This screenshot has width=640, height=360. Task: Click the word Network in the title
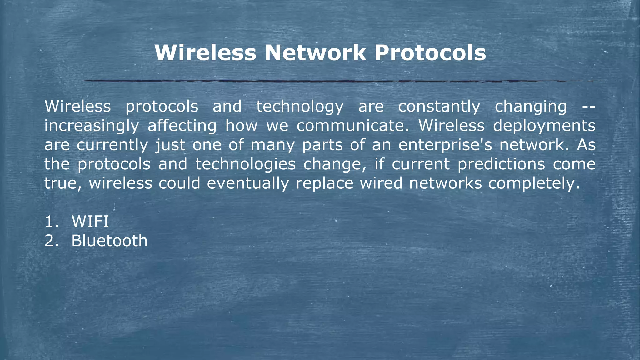tap(315, 52)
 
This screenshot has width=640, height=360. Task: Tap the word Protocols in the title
tap(430, 52)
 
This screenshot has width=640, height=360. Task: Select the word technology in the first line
tap(300, 107)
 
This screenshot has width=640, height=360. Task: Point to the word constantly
tap(439, 107)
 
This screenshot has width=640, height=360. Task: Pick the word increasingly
tap(92, 126)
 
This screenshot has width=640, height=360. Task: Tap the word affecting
tap(182, 126)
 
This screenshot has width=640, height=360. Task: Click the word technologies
tap(245, 164)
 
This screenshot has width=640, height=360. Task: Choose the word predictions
tap(501, 164)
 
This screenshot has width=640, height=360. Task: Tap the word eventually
tap(248, 183)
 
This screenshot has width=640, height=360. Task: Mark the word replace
tap(324, 183)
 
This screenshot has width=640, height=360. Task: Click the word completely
tap(534, 183)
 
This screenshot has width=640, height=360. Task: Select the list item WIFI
tap(90, 222)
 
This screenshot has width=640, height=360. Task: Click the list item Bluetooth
tap(109, 241)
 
